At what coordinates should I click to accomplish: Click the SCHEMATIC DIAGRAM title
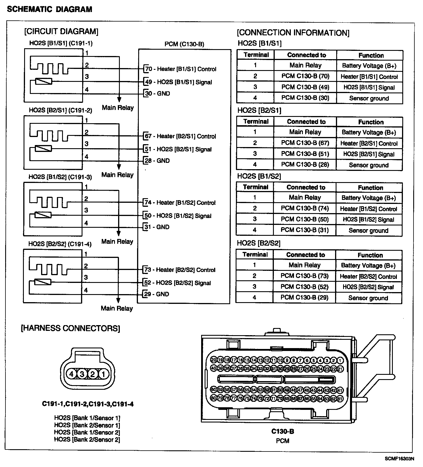49,9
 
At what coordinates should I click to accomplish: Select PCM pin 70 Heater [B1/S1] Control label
181,69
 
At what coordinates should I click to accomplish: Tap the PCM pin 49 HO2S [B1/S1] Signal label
178,82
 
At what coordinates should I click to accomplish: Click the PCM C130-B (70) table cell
305,76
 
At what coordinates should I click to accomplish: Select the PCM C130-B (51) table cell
305,154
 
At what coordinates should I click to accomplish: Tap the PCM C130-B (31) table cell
305,230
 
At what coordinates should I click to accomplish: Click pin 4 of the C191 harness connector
71,374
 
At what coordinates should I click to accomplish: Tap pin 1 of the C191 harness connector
103,374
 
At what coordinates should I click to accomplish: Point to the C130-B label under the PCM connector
282,431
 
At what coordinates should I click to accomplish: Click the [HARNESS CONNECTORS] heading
70,328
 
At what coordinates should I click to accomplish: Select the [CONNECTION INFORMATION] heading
293,33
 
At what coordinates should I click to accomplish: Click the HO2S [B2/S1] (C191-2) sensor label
60,110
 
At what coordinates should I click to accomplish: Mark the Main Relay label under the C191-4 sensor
117,308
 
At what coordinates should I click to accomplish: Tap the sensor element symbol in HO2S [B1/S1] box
44,82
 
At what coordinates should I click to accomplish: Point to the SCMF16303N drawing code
399,459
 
